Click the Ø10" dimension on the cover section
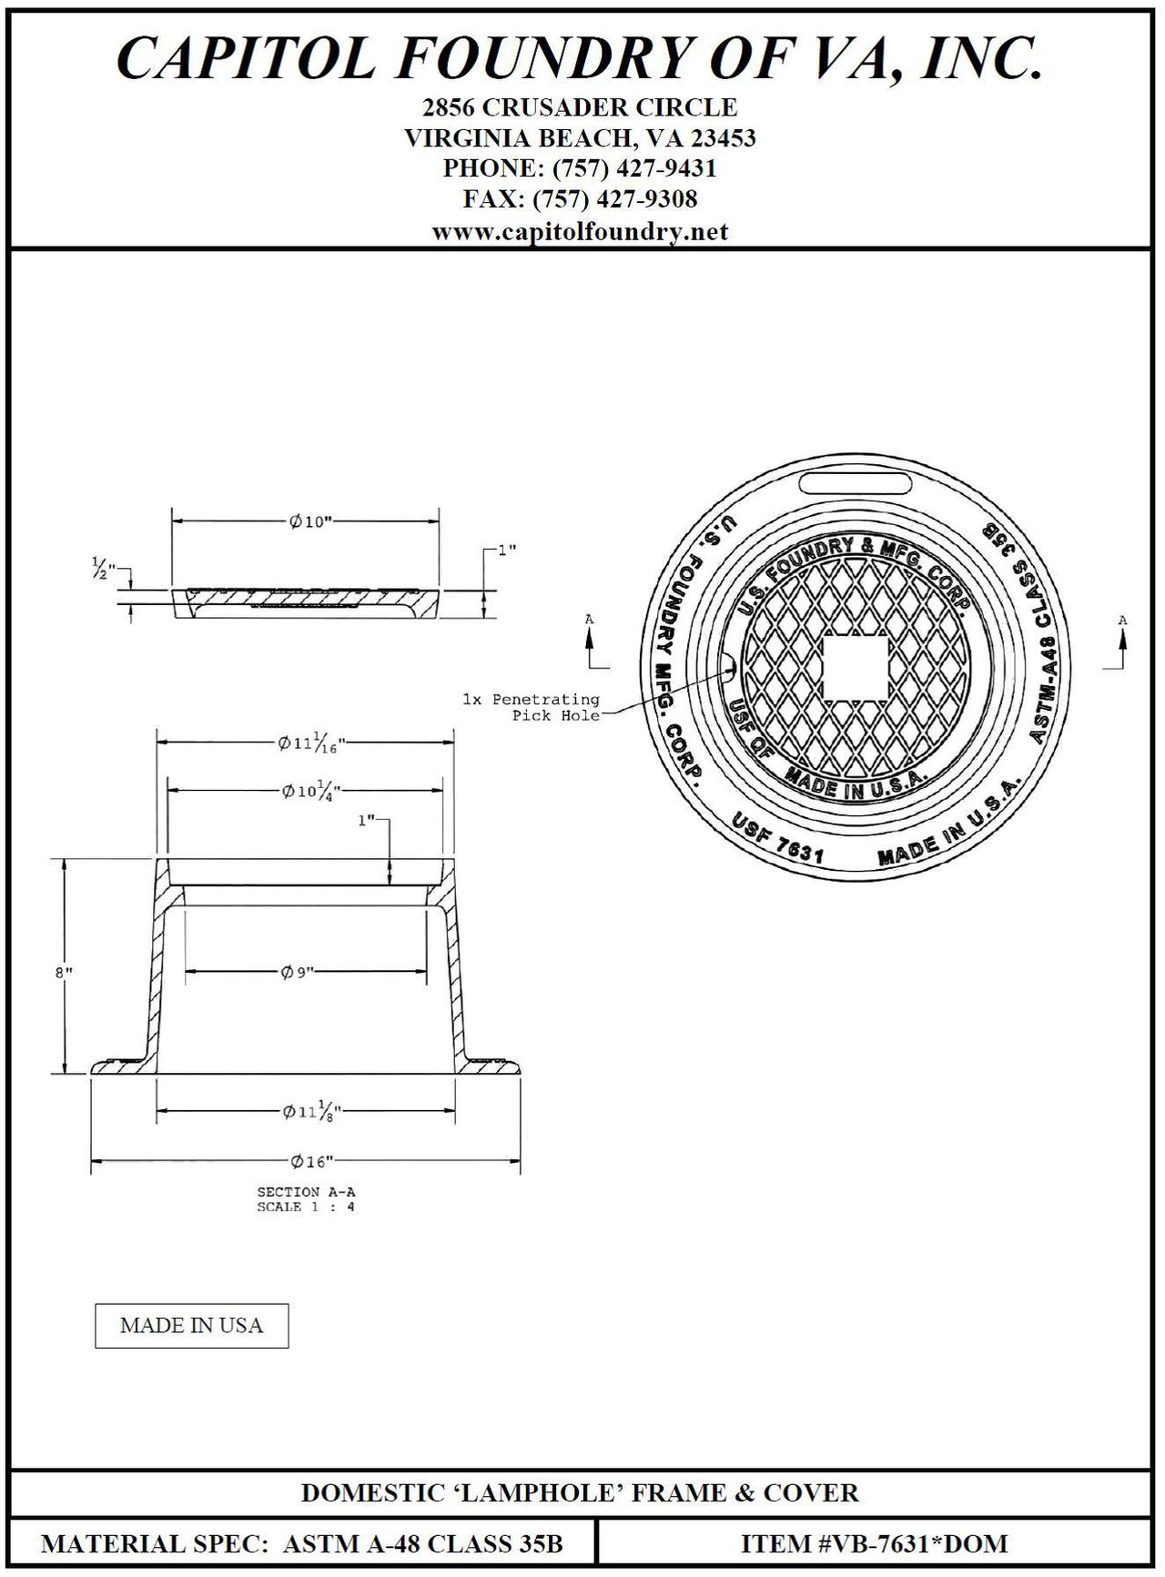tap(309, 521)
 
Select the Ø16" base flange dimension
tap(310, 1161)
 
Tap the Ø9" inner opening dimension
tap(298, 973)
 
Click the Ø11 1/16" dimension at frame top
tap(311, 743)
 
